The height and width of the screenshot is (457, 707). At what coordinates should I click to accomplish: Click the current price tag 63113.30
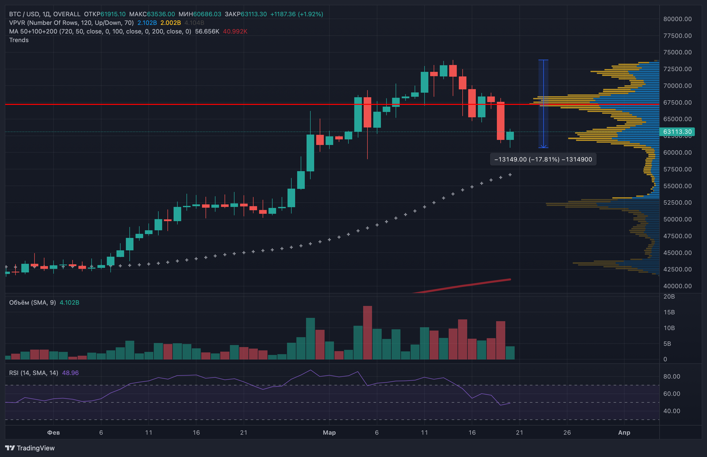677,132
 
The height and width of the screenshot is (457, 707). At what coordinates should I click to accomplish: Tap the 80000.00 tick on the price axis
677,19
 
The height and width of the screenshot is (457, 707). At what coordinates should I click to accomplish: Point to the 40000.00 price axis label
677,286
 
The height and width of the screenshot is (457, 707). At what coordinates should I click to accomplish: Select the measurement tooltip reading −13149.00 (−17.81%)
543,159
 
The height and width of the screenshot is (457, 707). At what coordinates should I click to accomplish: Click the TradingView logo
30,448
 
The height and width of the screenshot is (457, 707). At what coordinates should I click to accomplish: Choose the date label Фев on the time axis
53,432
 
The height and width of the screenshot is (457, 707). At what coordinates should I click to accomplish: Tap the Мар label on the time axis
329,432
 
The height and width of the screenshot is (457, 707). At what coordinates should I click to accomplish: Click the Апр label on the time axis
624,432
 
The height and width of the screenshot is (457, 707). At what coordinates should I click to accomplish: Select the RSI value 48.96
70,373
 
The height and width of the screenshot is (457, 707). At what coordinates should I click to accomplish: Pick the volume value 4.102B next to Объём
69,302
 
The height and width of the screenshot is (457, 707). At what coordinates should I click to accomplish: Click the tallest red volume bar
367,332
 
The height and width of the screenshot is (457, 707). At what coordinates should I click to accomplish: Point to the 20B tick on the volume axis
669,297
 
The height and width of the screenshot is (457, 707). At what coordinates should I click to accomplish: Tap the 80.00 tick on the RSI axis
671,376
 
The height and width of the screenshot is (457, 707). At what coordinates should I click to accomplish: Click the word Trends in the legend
19,40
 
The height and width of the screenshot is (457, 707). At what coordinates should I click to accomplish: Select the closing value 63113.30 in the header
254,14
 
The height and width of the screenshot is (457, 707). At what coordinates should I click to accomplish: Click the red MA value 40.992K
235,31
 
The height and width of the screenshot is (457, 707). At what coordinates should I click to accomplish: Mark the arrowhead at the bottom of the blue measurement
543,146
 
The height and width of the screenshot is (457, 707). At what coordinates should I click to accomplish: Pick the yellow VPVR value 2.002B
171,23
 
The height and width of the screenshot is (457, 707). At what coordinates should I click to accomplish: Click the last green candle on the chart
510,136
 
